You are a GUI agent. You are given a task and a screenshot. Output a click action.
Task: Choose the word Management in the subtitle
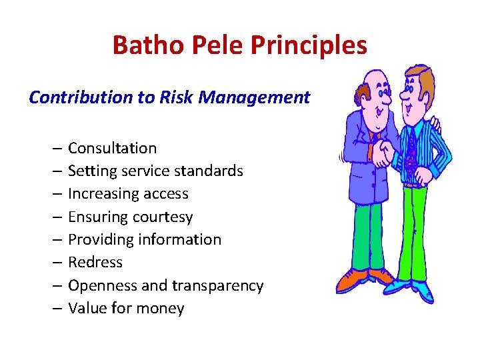click(x=255, y=97)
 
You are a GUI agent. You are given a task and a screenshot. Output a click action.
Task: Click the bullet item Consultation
click(x=112, y=148)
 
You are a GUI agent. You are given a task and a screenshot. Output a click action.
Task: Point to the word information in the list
click(x=181, y=239)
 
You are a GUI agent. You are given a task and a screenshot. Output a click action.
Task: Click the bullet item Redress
click(x=95, y=262)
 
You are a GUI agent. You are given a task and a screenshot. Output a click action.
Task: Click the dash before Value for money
click(x=57, y=308)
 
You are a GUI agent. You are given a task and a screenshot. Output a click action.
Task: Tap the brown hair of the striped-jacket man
click(x=420, y=77)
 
